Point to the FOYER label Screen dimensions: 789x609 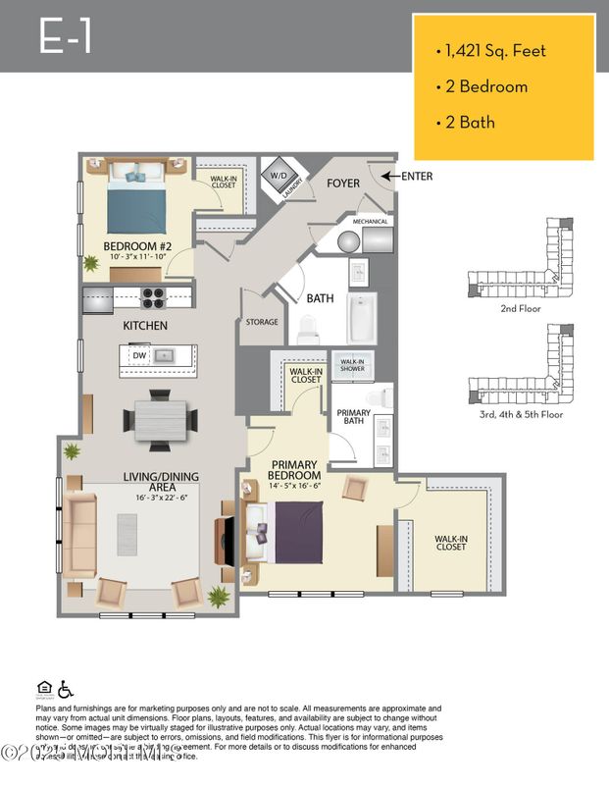342,184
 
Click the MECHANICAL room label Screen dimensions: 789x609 370,222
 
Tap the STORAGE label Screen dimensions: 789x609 262,322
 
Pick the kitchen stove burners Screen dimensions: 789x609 154,297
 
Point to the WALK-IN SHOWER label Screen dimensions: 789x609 352,365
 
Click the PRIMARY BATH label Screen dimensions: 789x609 353,417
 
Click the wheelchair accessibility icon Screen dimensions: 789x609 67,689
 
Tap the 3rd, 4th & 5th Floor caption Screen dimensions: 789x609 520,414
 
